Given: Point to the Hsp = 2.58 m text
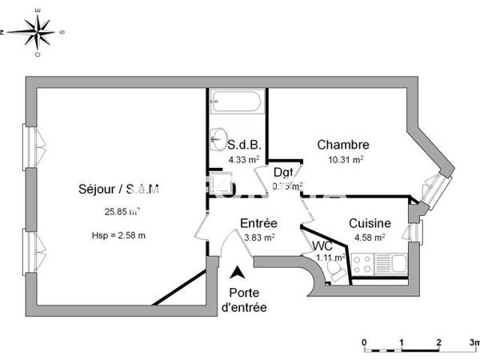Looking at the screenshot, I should (x=118, y=235).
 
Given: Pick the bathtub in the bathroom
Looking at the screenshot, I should (x=236, y=102).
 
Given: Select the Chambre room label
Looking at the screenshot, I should (x=342, y=145).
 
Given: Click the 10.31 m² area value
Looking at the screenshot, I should (x=346, y=159).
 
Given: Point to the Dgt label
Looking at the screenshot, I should (x=282, y=172).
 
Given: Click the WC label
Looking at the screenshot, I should (x=322, y=245).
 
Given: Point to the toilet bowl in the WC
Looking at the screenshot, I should (x=336, y=273).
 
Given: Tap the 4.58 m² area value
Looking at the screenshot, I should (x=369, y=237).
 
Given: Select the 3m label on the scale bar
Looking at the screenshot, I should (x=474, y=342).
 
